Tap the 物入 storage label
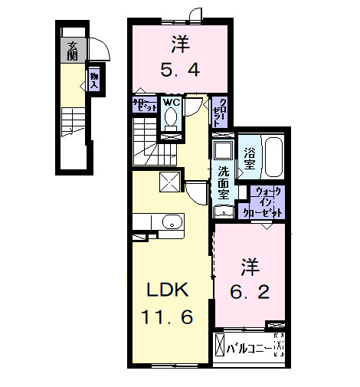pyautogui.click(x=93, y=80)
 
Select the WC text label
pyautogui.click(x=171, y=102)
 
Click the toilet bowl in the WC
pyautogui.click(x=171, y=119)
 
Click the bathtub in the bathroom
pyautogui.click(x=272, y=158)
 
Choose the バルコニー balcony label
pyautogui.click(x=250, y=349)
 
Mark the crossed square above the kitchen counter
pyautogui.click(x=169, y=181)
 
